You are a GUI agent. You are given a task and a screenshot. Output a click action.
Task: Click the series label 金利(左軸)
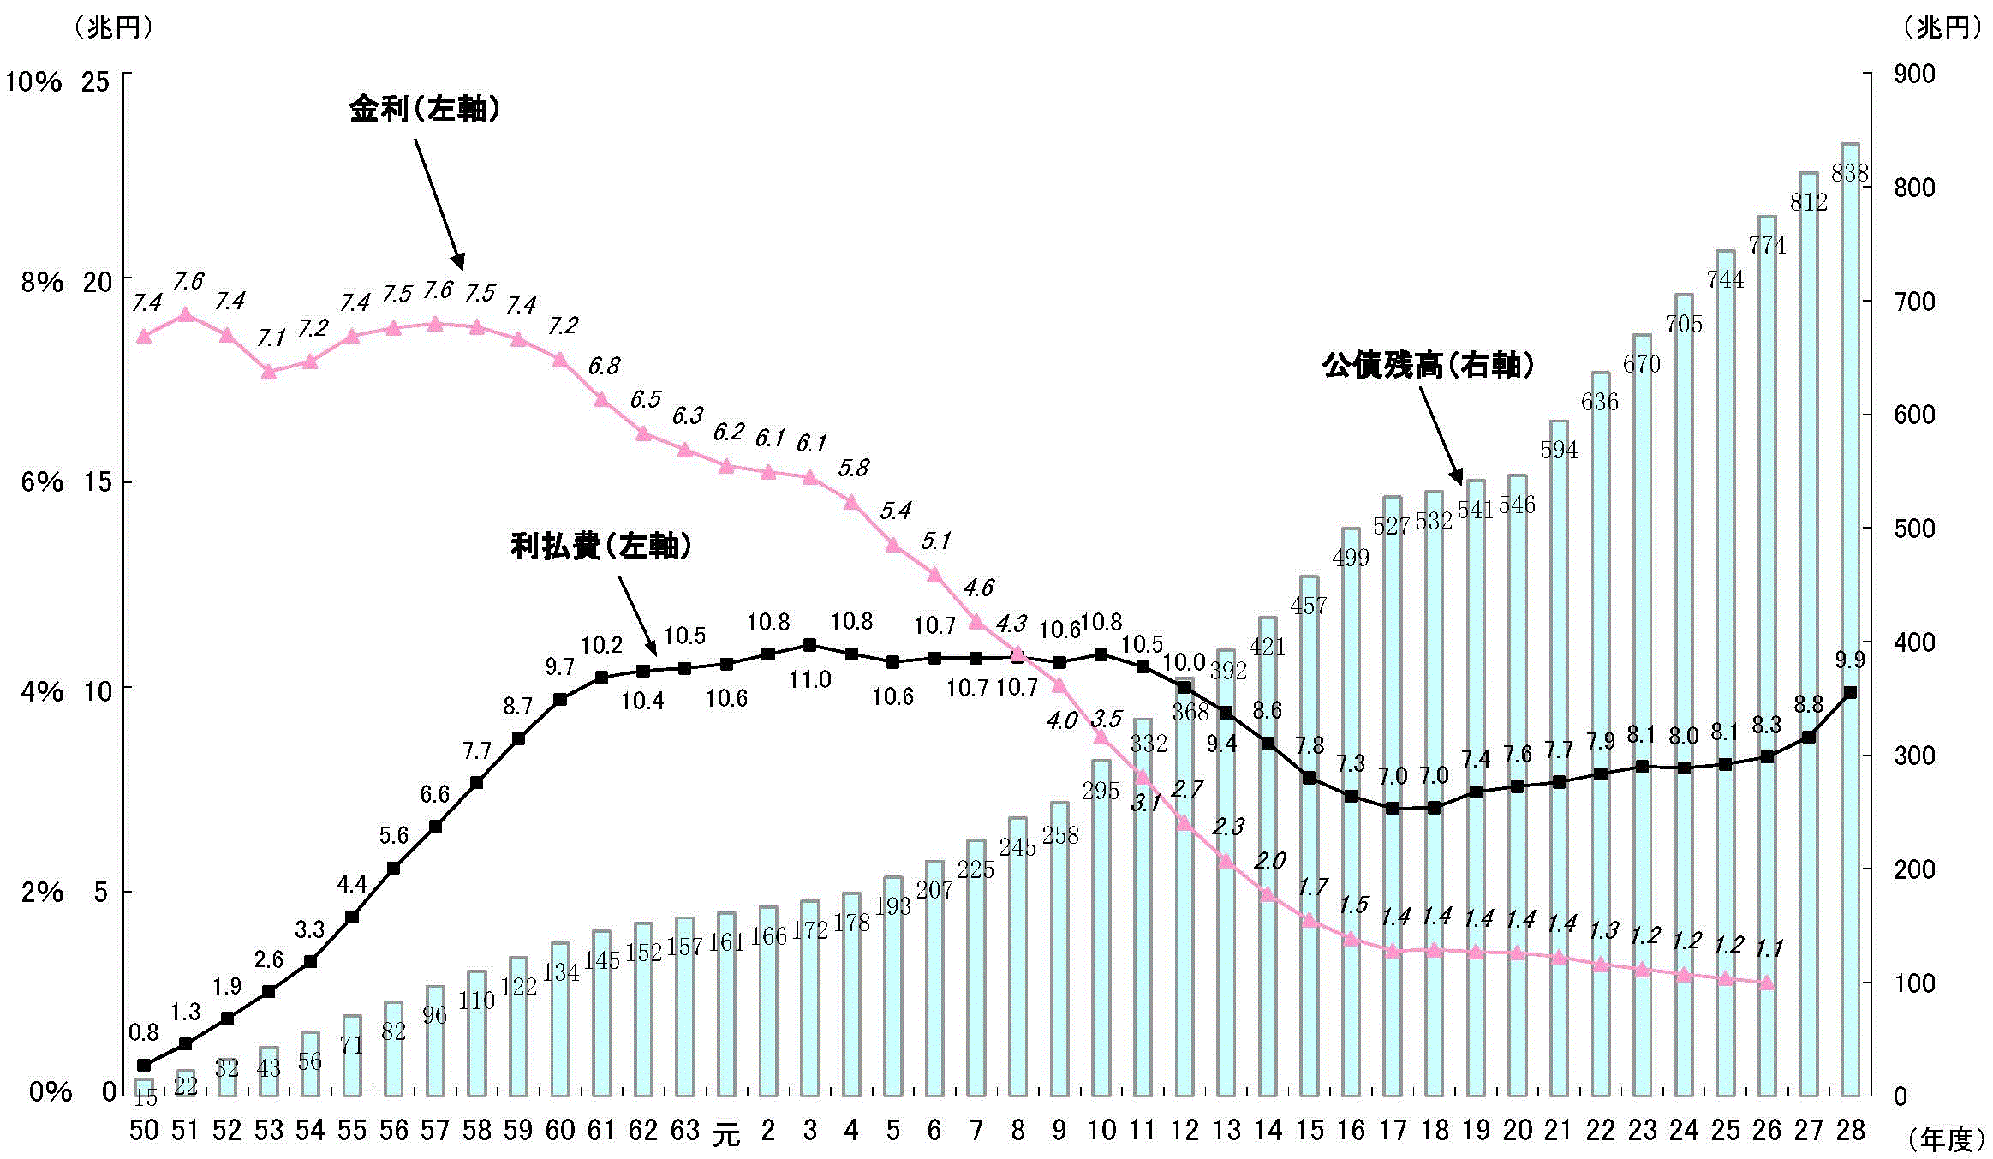click(424, 110)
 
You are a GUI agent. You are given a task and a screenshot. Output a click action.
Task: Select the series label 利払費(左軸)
click(600, 546)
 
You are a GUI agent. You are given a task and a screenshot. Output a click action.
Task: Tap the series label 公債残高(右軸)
click(1428, 366)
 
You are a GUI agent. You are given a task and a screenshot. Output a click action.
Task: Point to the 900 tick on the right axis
click(1915, 75)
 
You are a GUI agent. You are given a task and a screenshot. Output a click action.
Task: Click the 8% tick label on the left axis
click(42, 282)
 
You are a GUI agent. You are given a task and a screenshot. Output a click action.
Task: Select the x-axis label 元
click(725, 1134)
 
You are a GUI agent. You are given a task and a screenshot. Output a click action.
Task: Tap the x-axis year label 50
click(144, 1131)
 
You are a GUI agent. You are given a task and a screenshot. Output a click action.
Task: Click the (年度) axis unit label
click(1947, 1140)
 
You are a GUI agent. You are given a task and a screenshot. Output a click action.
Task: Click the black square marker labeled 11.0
click(809, 645)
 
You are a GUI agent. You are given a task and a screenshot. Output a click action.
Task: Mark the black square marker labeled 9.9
click(1850, 692)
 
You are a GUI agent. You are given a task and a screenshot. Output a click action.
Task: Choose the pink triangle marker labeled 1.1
click(1766, 983)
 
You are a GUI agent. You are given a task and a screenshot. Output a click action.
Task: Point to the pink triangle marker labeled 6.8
click(601, 399)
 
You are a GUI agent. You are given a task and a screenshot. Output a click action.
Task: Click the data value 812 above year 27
click(1808, 202)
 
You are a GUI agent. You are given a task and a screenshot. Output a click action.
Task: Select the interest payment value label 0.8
click(144, 1033)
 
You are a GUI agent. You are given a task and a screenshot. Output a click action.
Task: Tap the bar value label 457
click(1308, 606)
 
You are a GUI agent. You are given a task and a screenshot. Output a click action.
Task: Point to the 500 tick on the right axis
click(1915, 529)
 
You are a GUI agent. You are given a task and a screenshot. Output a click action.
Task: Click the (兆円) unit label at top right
click(1942, 28)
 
